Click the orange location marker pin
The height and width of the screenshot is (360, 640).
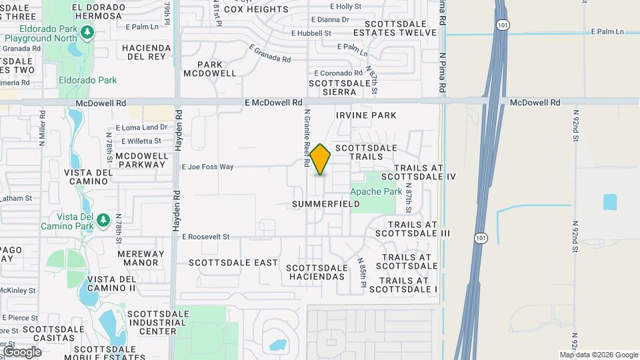(x=320, y=159)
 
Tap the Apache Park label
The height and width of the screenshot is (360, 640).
(x=376, y=191)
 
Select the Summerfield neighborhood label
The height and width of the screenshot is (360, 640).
(x=326, y=204)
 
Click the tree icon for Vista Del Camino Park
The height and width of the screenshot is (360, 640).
(x=103, y=219)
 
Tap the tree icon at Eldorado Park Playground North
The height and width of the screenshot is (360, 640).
(x=86, y=31)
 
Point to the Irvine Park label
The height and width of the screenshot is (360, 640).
(x=366, y=115)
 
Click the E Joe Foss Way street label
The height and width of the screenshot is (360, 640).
(x=207, y=167)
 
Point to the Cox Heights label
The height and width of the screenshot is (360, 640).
(x=256, y=9)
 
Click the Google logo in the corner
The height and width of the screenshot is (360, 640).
(x=22, y=351)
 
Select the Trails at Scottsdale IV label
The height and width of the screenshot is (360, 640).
(x=425, y=172)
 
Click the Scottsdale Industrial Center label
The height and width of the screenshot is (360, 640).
(x=152, y=322)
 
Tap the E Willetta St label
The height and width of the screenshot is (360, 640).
(x=141, y=141)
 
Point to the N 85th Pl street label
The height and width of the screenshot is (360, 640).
(x=362, y=273)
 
